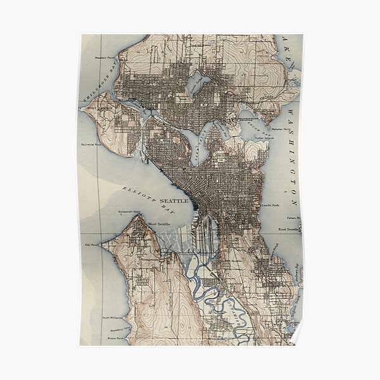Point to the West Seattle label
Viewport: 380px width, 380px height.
coord(160,223)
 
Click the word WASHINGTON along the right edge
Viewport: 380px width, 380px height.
coord(293,152)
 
